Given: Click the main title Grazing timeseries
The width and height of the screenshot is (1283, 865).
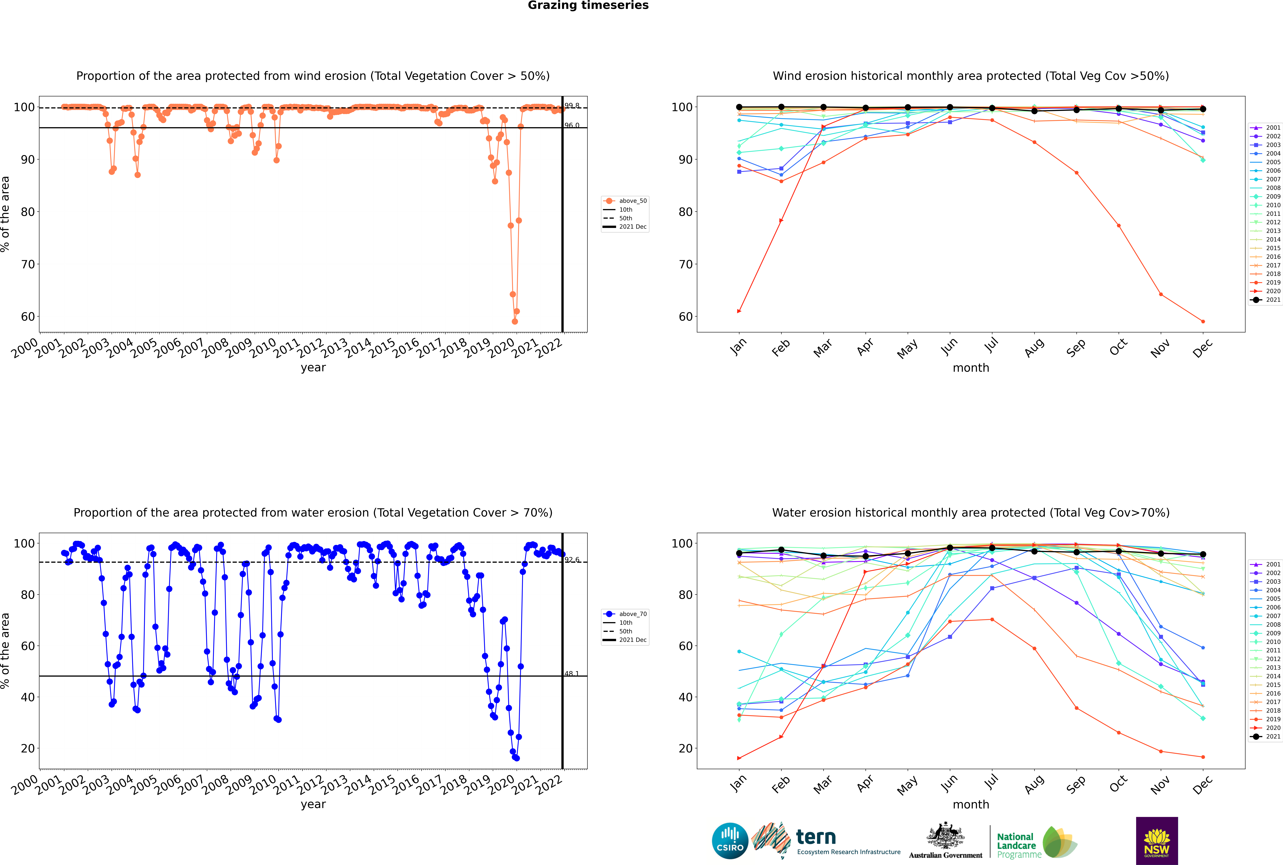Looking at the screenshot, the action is [588, 5].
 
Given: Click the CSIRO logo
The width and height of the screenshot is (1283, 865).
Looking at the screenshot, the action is [730, 841].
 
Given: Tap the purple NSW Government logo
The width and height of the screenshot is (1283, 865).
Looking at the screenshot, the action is [1157, 841].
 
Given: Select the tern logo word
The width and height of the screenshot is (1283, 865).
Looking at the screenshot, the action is [816, 837].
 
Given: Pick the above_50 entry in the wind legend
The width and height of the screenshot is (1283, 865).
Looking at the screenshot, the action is [626, 201].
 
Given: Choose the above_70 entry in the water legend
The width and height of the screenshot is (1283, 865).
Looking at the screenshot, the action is [626, 614].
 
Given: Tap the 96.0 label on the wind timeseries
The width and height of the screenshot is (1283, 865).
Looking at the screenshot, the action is [571, 125].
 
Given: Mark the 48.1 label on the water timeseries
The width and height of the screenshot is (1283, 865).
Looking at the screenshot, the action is [571, 674].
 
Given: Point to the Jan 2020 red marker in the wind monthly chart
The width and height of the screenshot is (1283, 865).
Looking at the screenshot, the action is [739, 311].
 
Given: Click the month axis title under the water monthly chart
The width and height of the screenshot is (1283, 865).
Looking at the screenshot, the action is [971, 804].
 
